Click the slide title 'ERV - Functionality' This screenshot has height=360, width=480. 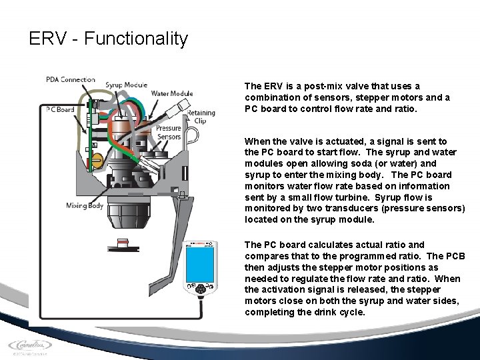click(109, 39)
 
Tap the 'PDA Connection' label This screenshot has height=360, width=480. click(71, 80)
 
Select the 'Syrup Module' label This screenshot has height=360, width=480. click(126, 85)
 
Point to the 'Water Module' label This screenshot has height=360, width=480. click(172, 94)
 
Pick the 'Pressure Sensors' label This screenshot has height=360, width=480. click(168, 132)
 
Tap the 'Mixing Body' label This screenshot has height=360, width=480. click(85, 205)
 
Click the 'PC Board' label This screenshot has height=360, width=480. click(60, 109)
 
